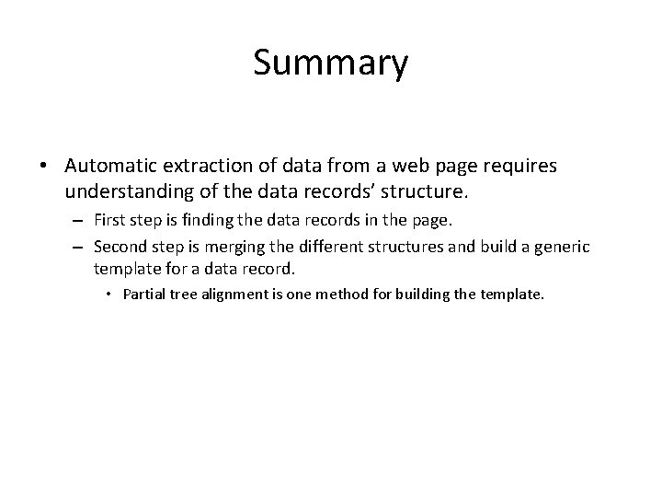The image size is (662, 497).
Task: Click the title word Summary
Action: (x=330, y=64)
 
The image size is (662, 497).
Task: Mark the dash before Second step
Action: (x=79, y=248)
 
